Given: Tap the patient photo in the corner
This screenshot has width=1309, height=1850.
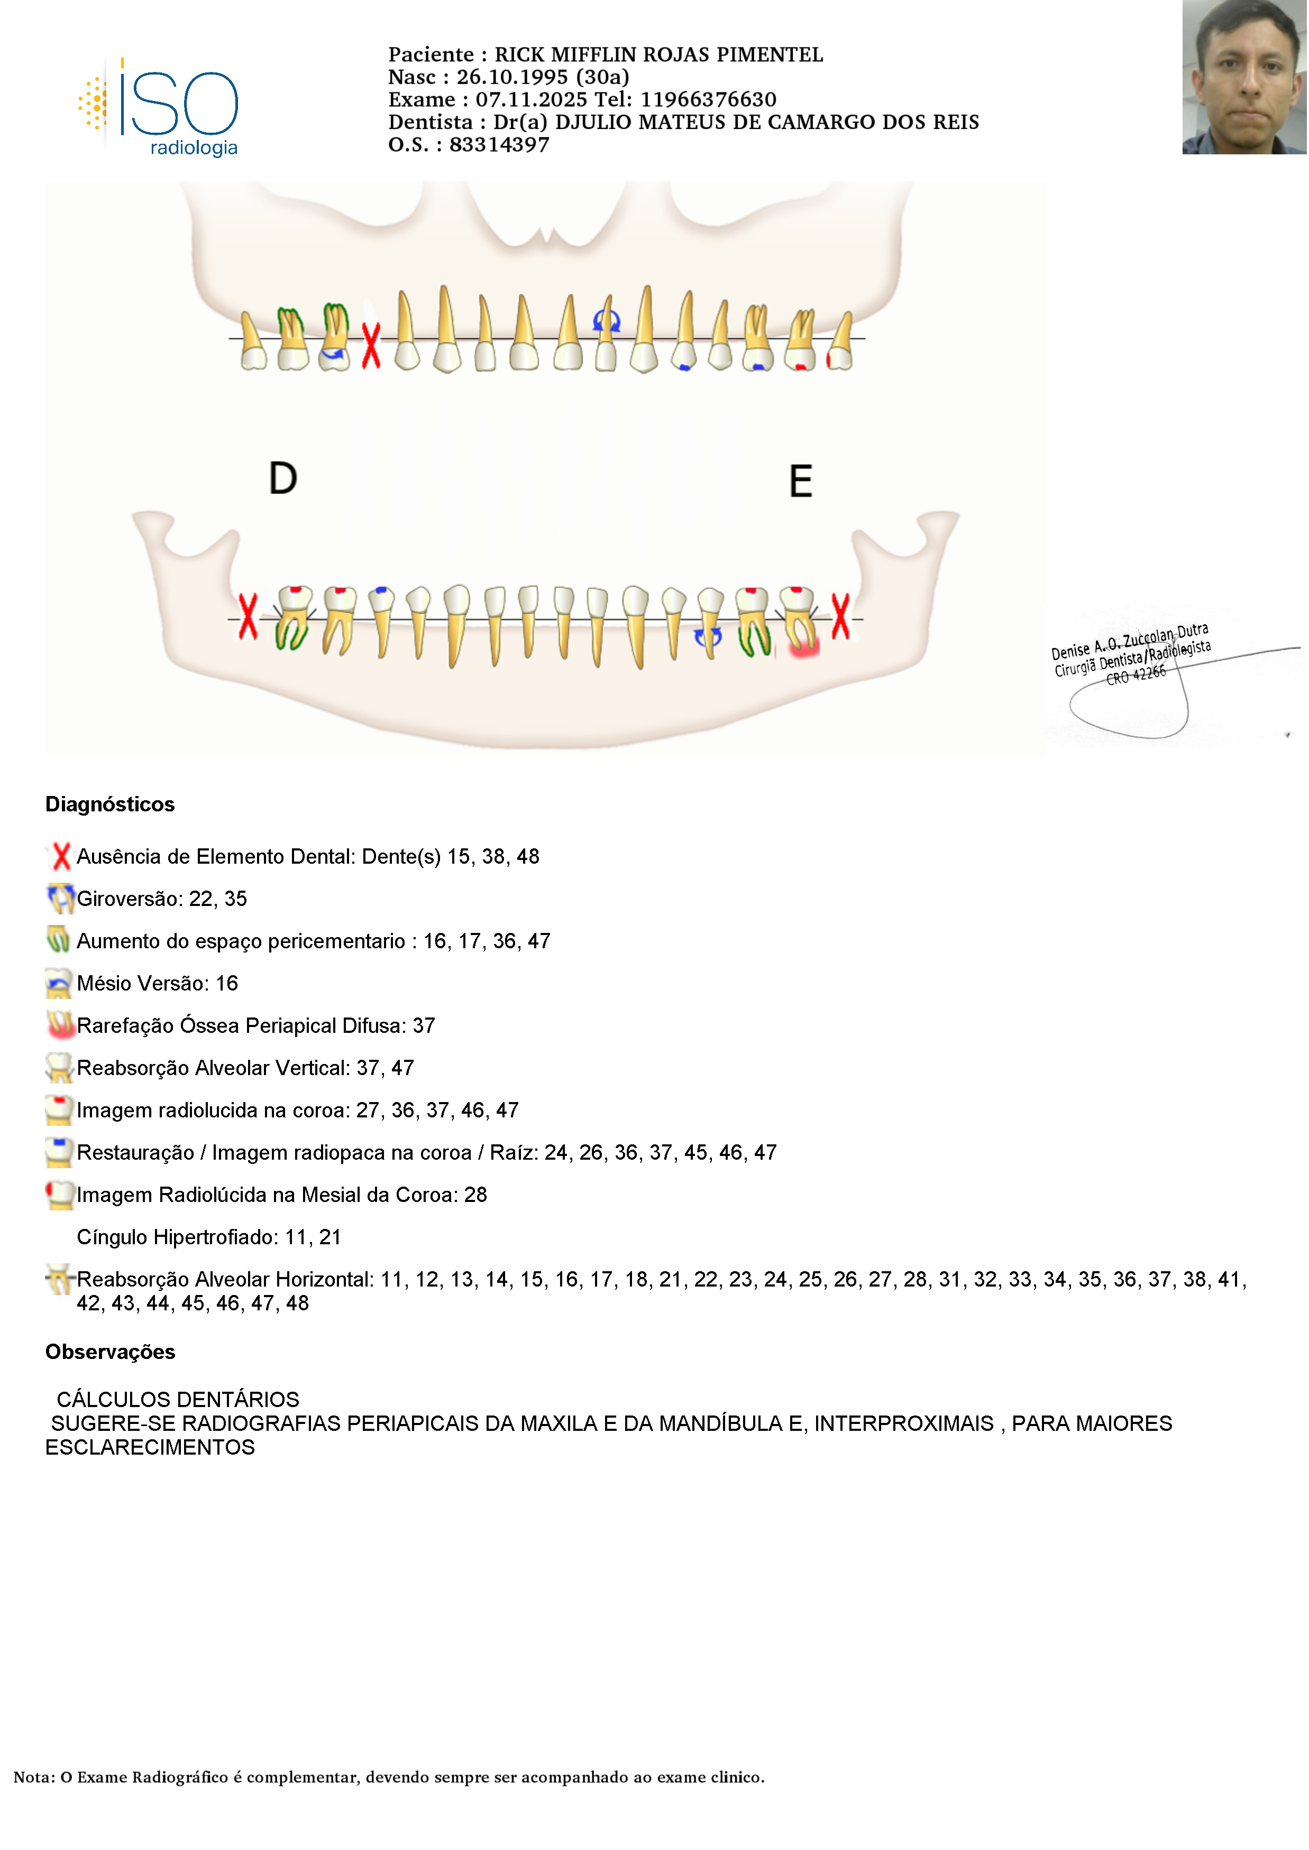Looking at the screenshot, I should [x=1244, y=77].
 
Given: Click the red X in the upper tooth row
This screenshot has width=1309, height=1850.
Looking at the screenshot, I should [x=371, y=346].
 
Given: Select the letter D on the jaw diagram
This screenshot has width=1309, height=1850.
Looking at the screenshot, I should [x=283, y=478].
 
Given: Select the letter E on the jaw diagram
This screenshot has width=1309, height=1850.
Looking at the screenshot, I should [x=800, y=482].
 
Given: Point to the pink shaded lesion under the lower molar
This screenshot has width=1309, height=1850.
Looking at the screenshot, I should [x=804, y=645].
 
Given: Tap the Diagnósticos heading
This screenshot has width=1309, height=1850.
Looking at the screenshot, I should [x=109, y=804].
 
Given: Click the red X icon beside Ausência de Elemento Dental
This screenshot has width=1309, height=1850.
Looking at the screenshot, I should [x=60, y=856].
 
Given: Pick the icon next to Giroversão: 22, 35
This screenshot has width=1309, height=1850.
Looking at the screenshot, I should [x=60, y=899].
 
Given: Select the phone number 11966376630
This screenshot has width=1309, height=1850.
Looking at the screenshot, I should [x=709, y=100].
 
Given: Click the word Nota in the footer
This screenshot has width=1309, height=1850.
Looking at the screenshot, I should [x=33, y=1777].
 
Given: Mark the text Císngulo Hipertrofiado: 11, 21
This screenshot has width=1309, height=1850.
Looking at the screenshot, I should [x=209, y=1237].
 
